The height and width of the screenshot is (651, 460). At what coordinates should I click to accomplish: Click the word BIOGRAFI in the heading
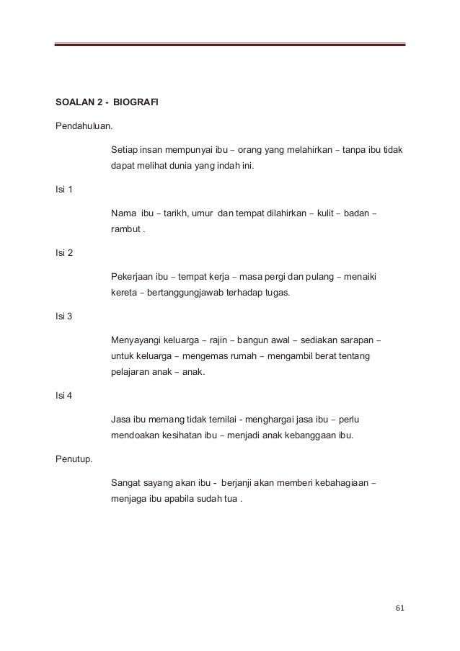136,102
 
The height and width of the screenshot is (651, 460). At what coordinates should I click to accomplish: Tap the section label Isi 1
63,190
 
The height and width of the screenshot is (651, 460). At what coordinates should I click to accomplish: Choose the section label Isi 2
63,253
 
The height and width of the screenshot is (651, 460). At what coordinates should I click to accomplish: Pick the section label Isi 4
63,394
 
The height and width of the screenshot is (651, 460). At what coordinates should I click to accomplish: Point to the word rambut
125,229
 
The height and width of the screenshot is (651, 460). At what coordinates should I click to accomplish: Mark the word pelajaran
131,372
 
